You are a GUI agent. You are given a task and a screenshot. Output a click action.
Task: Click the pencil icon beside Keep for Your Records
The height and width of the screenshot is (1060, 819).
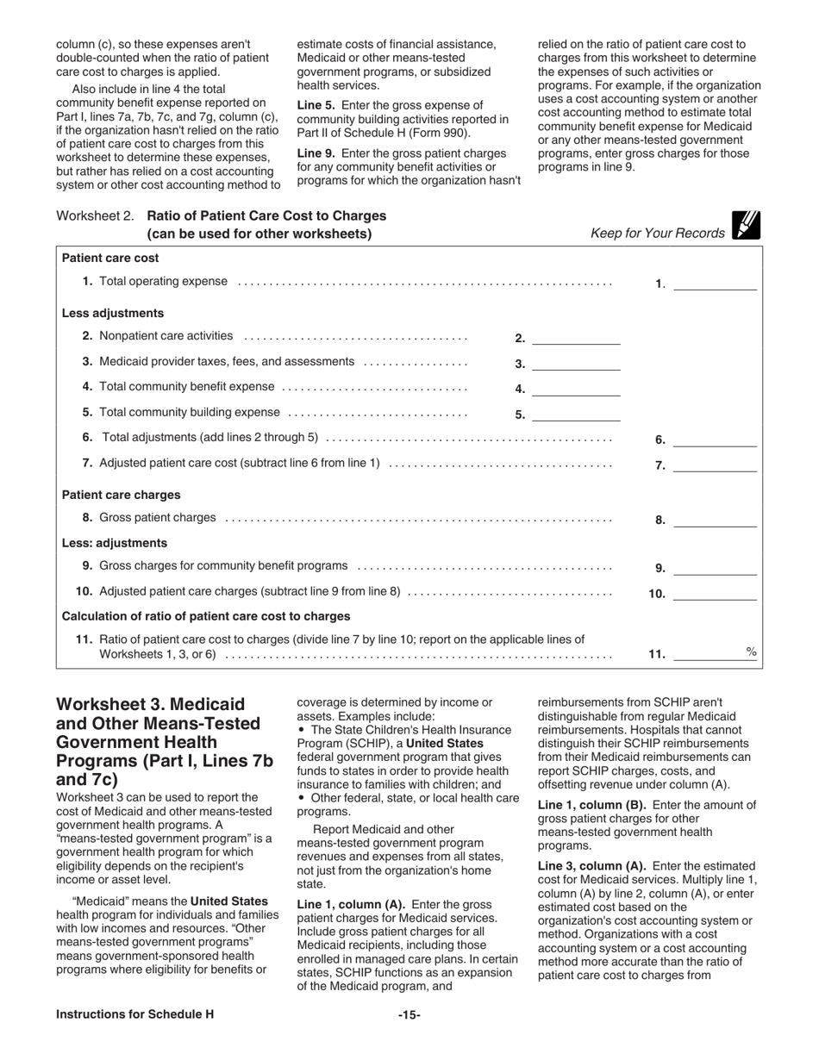pyautogui.click(x=746, y=225)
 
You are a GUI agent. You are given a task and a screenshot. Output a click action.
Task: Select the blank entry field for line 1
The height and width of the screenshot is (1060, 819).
pyautogui.click(x=714, y=284)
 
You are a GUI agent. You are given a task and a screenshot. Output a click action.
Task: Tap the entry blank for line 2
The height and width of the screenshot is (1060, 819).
pyautogui.click(x=576, y=338)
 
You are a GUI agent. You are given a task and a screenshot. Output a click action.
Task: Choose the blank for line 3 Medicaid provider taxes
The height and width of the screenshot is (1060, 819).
pyautogui.click(x=576, y=364)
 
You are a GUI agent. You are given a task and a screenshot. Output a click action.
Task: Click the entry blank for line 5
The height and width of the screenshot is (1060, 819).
pyautogui.click(x=576, y=415)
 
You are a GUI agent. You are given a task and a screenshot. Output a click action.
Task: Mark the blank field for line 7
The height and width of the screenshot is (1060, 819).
pyautogui.click(x=714, y=465)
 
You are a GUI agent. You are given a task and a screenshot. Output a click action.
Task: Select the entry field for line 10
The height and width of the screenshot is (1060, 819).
pyautogui.click(x=714, y=593)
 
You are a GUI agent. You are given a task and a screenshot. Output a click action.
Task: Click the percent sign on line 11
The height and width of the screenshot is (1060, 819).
pyautogui.click(x=751, y=652)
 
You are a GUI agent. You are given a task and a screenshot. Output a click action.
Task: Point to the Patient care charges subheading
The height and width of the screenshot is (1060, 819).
pyautogui.click(x=122, y=495)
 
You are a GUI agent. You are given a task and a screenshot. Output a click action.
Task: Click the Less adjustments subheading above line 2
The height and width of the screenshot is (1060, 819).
pyautogui.click(x=113, y=313)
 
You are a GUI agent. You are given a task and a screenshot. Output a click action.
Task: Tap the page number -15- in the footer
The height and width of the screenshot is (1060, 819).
pyautogui.click(x=409, y=1014)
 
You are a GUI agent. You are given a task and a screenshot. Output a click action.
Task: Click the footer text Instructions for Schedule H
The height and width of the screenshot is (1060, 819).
pyautogui.click(x=134, y=1014)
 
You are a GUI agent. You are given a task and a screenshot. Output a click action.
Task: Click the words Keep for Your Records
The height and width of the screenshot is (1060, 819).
pyautogui.click(x=657, y=234)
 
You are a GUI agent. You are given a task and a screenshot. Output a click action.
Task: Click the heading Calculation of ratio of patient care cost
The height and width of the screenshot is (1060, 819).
pyautogui.click(x=206, y=616)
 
